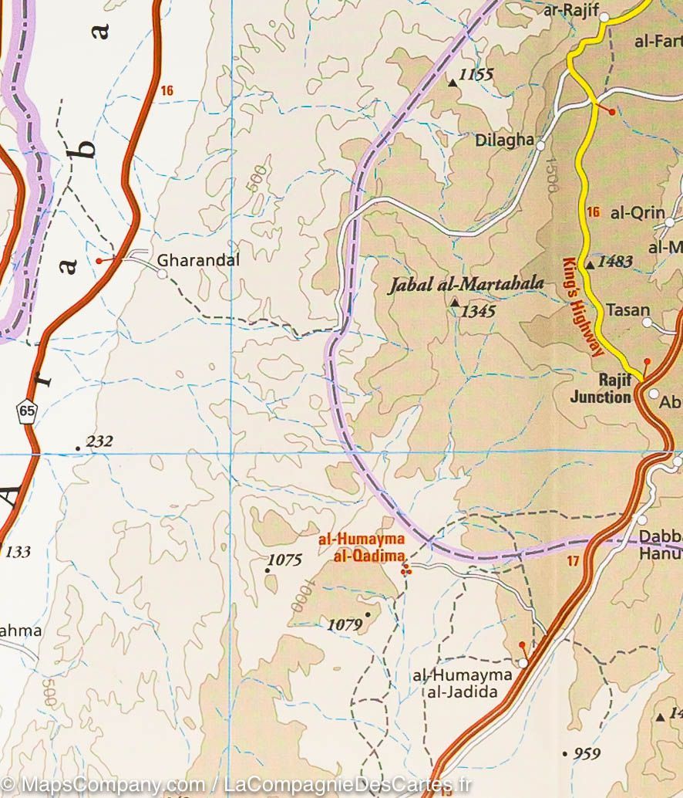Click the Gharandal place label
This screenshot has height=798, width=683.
(x=198, y=261)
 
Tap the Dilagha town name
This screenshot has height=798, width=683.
(x=504, y=140)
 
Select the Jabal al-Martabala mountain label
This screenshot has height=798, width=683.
(x=466, y=284)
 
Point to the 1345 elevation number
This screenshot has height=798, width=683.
(x=478, y=312)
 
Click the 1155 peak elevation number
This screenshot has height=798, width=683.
(x=475, y=76)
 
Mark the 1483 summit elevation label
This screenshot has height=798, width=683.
(x=614, y=262)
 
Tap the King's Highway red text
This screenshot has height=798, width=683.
(x=581, y=306)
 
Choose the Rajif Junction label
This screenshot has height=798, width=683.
(x=601, y=388)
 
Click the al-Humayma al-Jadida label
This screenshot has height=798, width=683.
(x=463, y=683)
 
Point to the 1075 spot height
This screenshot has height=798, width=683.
(x=284, y=560)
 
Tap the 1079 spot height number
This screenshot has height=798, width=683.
(x=345, y=625)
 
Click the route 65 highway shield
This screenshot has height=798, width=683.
(x=28, y=411)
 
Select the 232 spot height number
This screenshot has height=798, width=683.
(x=99, y=441)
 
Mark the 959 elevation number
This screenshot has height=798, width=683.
(x=587, y=753)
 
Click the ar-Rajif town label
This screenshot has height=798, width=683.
(x=571, y=11)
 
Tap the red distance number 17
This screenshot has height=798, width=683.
(x=572, y=561)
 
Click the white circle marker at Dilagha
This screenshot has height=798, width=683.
(x=541, y=145)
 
